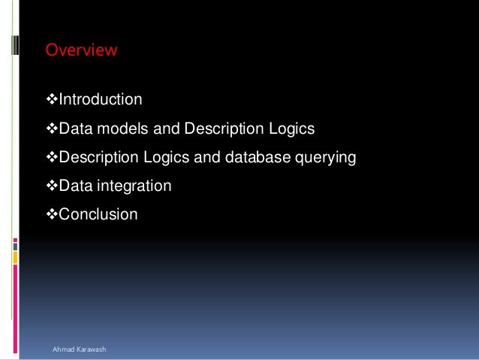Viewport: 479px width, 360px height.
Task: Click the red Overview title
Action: pos(81,50)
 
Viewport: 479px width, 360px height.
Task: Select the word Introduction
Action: pos(100,100)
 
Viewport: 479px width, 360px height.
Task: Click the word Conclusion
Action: pos(98,214)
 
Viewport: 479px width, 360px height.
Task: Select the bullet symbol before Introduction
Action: pos(52,100)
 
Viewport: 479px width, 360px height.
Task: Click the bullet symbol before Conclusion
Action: pos(52,214)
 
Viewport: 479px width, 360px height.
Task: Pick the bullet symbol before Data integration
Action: pos(52,186)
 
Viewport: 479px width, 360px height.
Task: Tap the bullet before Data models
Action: pos(52,130)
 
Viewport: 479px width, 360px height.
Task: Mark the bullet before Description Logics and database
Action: pos(52,159)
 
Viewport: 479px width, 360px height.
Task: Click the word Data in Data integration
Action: pos(74,186)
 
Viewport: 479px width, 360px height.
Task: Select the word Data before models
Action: pos(74,130)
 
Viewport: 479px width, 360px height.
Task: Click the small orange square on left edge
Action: pos(15,258)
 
